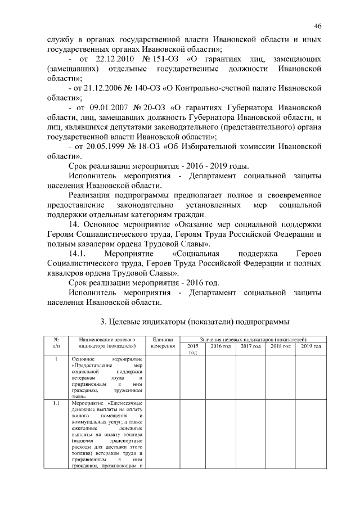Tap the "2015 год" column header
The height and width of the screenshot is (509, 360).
[192, 349]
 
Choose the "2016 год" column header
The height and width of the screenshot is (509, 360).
[220, 346]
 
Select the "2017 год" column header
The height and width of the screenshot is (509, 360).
[250, 346]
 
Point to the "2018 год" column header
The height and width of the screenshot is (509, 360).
[280, 346]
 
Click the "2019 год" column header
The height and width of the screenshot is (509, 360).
[310, 346]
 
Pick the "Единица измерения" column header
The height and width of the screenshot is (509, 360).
[163, 343]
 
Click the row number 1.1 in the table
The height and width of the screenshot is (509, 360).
[56, 403]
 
